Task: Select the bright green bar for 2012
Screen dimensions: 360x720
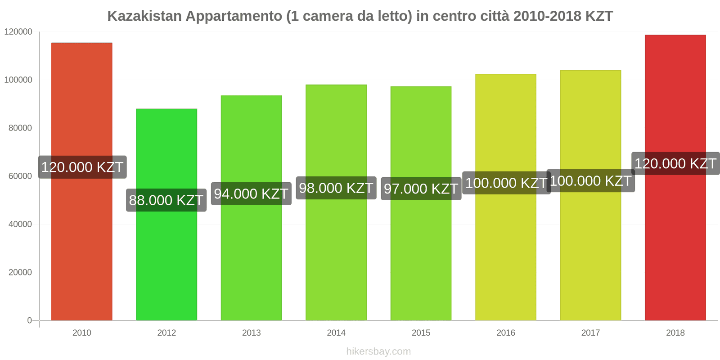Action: coord(166,261)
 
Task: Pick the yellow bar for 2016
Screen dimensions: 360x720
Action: coord(506,252)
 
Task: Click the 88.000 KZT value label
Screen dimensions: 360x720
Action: coord(166,200)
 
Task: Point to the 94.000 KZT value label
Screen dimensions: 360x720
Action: coord(251,194)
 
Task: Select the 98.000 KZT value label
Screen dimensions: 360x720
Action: coord(336,188)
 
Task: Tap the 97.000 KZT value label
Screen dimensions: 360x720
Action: coord(421,189)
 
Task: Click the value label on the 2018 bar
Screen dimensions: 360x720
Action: coord(675,164)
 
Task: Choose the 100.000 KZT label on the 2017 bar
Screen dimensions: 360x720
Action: coord(590,181)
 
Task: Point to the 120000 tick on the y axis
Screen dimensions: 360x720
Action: coord(18,32)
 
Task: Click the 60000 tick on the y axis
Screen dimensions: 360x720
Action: coord(20,176)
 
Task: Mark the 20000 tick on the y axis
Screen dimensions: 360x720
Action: coord(20,273)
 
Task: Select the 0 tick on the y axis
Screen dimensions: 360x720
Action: coord(29,320)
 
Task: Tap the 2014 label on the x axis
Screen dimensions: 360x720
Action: coord(336,333)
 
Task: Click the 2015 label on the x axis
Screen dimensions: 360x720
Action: coord(421,333)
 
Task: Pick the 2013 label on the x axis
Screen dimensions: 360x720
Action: coord(251,333)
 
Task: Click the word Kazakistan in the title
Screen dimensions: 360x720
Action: coord(144,16)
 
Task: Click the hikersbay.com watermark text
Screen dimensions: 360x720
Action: coord(378,351)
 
